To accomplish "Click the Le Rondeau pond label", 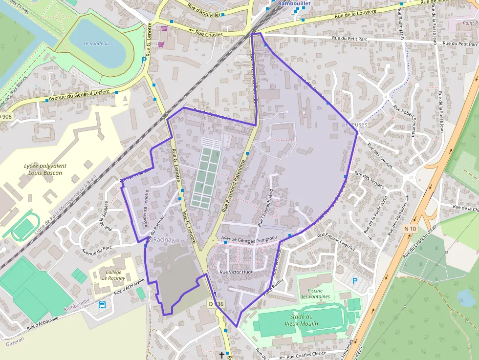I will (96, 43).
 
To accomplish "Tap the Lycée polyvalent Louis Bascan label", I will (45, 169).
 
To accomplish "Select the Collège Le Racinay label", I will (113, 275).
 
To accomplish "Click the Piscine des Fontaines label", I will (315, 293).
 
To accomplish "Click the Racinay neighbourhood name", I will (164, 240).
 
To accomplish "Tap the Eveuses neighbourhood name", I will (356, 125).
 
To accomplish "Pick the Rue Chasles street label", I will (209, 34).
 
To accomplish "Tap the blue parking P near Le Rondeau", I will (144, 60).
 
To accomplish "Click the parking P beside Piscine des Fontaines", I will (355, 281).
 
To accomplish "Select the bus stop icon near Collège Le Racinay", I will (102, 305).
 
